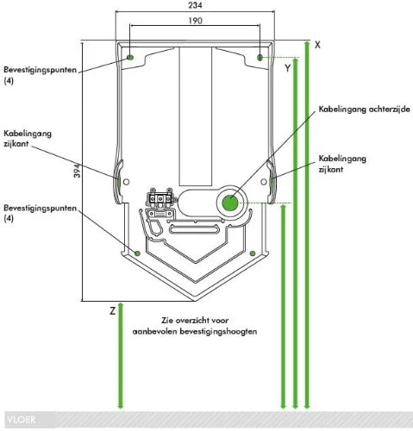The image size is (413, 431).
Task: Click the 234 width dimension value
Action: [x=195, y=5]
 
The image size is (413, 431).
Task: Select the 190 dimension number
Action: [x=195, y=21]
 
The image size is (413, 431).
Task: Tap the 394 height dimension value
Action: [x=77, y=171]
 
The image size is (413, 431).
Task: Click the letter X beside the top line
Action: [x=317, y=45]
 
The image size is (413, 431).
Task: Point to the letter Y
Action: [x=288, y=68]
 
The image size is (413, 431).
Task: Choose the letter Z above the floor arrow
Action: [x=112, y=310]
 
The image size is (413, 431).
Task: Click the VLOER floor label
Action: [x=22, y=420]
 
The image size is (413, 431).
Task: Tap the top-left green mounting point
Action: [x=130, y=58]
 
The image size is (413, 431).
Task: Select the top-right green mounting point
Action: [x=260, y=58]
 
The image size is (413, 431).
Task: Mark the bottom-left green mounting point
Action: [x=137, y=253]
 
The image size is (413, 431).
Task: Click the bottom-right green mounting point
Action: [x=253, y=253]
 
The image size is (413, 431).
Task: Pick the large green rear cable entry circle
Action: [x=230, y=203]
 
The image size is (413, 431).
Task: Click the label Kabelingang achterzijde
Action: [x=364, y=109]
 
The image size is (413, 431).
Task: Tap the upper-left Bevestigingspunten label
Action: [x=41, y=75]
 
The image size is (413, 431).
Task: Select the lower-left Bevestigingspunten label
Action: [x=41, y=213]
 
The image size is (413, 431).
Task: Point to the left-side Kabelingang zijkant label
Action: [x=28, y=139]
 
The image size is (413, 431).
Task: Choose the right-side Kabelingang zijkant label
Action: [x=342, y=164]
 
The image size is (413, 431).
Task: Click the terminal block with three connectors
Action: [x=160, y=197]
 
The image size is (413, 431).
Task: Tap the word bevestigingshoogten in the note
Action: [x=218, y=332]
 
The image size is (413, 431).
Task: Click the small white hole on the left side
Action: [x=126, y=182]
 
